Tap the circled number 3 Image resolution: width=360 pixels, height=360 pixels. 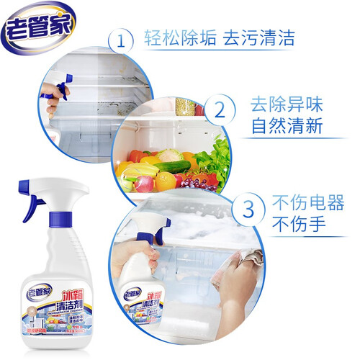click(x=247, y=210)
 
